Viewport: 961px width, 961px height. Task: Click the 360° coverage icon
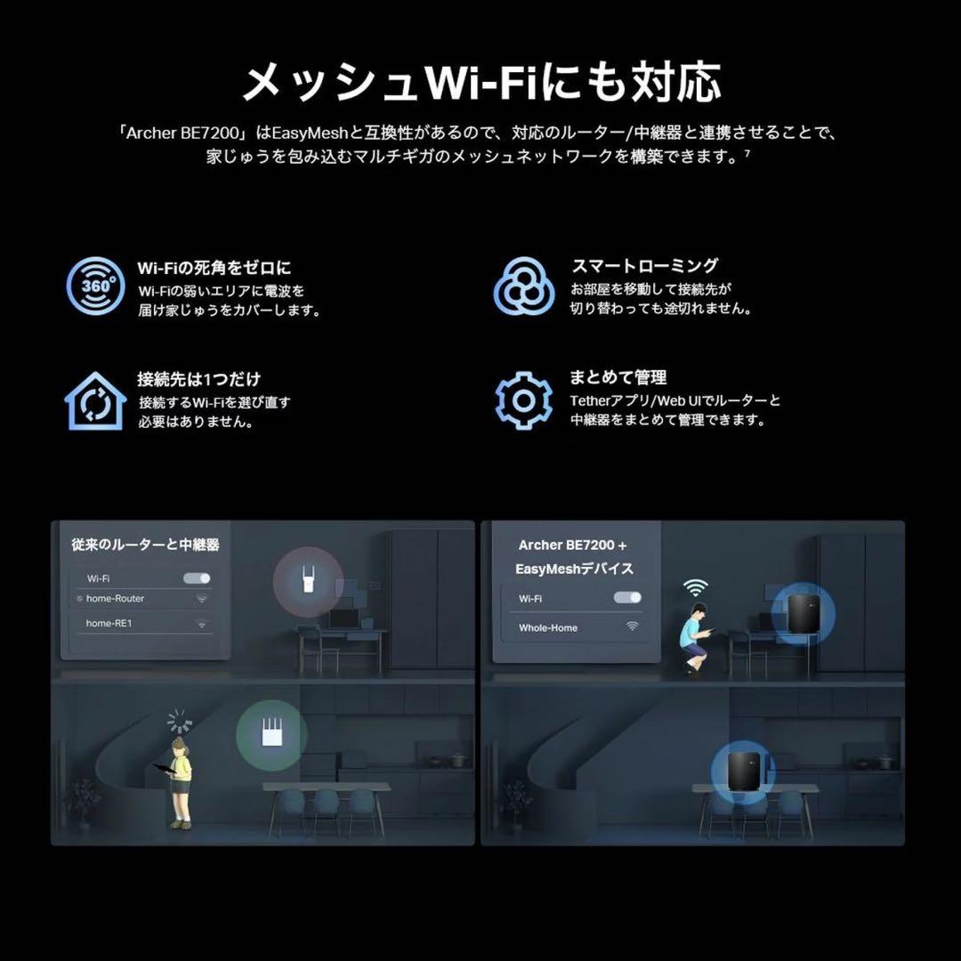tap(95, 286)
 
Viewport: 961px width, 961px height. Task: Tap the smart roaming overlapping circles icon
tap(524, 286)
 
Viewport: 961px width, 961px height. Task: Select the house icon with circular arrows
tap(94, 401)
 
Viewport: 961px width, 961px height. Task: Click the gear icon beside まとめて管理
tap(524, 400)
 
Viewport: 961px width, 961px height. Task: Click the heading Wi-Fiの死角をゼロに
tap(214, 267)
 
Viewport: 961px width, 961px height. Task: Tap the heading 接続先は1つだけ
tap(198, 379)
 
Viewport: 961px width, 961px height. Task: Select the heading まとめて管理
tap(618, 377)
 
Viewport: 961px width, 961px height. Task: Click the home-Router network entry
tap(115, 599)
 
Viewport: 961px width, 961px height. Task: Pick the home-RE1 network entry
tap(109, 624)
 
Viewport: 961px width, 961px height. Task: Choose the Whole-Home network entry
tap(548, 627)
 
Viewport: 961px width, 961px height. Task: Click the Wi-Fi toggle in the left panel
tap(197, 578)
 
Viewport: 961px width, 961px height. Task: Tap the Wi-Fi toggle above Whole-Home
tap(627, 598)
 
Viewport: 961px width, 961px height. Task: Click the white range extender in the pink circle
tap(308, 579)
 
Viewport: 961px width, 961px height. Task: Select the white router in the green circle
tap(271, 734)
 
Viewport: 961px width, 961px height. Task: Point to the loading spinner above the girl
tap(180, 721)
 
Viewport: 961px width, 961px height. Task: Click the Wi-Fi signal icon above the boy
tap(696, 587)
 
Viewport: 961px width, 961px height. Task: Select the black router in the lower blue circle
tap(743, 773)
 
